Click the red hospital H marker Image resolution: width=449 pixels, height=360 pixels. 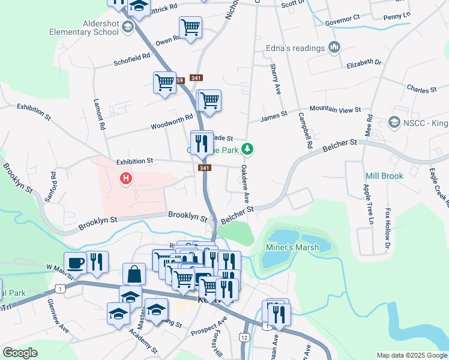coord(125,178)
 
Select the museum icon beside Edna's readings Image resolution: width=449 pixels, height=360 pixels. coord(334,47)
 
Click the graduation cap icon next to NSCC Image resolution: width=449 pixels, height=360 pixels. coord(394,122)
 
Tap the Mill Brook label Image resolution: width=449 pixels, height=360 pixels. coord(384,176)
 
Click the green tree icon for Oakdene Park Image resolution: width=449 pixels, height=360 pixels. coord(254,149)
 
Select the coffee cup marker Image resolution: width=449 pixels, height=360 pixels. coord(76,262)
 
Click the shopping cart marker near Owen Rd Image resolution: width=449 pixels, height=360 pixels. coord(190,27)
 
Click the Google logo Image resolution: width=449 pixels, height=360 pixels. coord(20,353)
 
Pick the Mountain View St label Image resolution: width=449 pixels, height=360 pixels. coord(335,110)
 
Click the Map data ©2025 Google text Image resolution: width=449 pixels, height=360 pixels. coord(411,355)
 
